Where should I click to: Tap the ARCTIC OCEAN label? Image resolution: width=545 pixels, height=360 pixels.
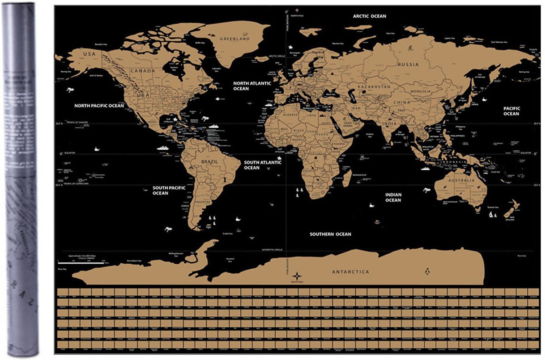point(370,16)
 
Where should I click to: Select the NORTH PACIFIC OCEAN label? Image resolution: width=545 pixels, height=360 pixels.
point(99,105)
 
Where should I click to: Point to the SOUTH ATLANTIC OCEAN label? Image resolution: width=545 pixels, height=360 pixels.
point(258,165)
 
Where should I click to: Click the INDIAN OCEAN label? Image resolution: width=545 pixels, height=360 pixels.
point(393,197)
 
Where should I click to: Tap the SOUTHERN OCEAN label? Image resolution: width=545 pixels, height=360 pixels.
point(330,234)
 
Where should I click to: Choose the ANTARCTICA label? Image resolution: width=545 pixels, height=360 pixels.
point(350,272)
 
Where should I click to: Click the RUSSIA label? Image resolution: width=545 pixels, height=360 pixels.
point(408,64)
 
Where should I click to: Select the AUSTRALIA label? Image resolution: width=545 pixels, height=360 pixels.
point(461,180)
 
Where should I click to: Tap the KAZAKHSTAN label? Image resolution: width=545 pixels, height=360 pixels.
point(374,86)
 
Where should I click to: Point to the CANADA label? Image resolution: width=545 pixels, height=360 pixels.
point(143,71)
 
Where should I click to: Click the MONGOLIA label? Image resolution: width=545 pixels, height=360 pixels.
point(420,91)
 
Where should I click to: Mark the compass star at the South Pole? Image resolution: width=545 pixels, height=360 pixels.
point(297,276)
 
